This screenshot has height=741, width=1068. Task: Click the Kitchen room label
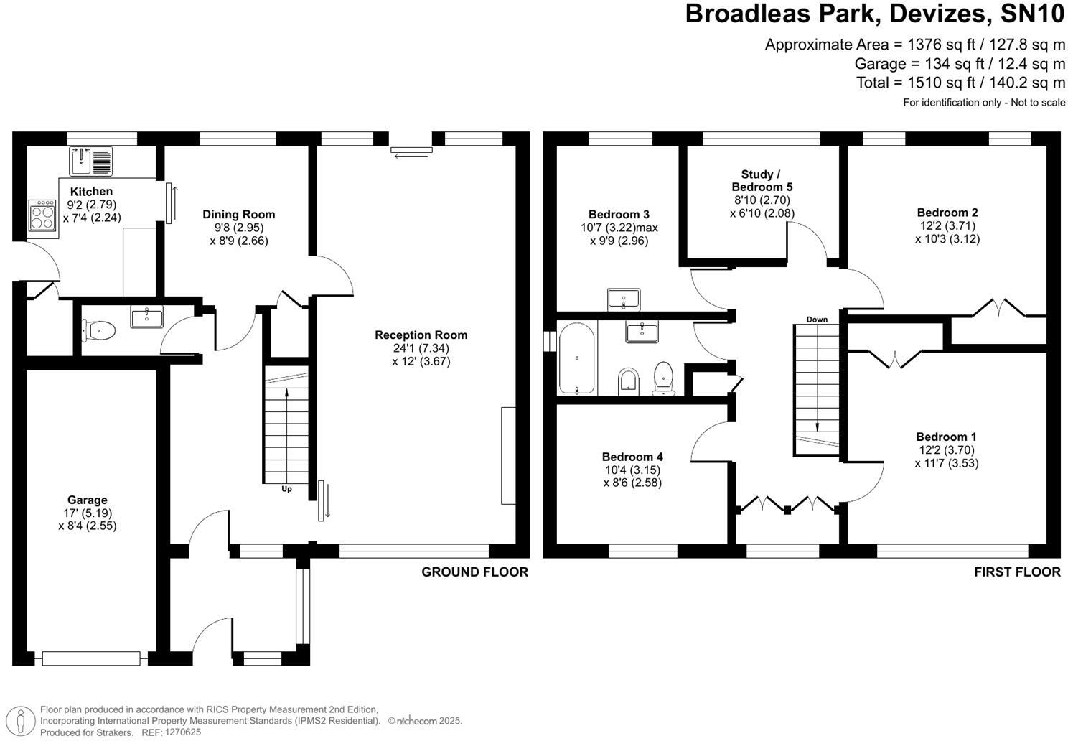point(91,192)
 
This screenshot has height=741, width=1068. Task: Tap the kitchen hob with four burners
point(42,215)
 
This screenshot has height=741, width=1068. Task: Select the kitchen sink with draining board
point(91,162)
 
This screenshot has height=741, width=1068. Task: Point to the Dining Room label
point(238,215)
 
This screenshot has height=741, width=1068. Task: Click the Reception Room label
point(421,335)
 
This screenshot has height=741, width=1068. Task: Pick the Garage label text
point(88,500)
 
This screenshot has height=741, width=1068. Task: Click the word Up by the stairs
point(287,489)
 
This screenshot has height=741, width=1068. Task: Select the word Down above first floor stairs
point(817,320)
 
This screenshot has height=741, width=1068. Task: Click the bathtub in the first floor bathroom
point(577,358)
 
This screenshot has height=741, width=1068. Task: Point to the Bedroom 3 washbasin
point(624,299)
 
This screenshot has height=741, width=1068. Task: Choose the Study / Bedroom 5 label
point(762,181)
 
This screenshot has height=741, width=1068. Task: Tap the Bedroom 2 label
point(947,213)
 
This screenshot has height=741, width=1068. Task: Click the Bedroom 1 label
point(946,437)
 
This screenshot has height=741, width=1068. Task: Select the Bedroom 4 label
point(632,457)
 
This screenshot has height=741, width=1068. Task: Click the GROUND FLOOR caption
point(474,572)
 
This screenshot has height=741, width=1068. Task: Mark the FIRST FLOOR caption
point(1017,572)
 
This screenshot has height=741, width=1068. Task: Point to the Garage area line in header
point(960,63)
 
